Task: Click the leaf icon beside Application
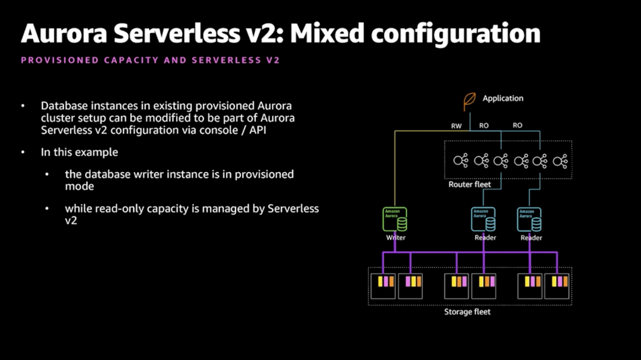tap(469, 101)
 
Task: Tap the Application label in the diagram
tap(503, 98)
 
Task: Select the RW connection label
tap(456, 126)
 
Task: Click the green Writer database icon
tap(395, 220)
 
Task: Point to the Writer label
tap(396, 238)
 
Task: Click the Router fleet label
tap(469, 184)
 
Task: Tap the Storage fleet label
tap(467, 312)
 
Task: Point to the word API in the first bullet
tap(256, 130)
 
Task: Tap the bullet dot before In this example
tap(23, 152)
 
